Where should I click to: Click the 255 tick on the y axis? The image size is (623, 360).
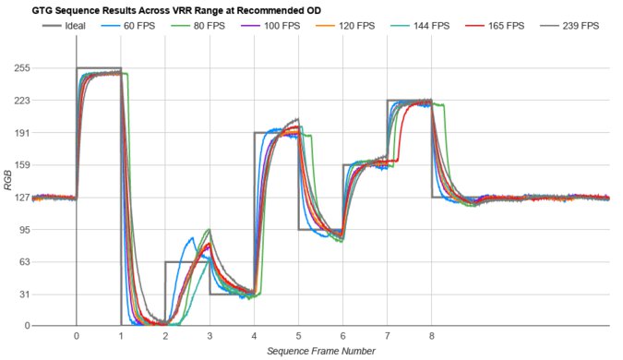[19, 68]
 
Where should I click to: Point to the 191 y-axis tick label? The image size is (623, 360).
[19, 133]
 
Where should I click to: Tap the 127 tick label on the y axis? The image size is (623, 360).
[19, 198]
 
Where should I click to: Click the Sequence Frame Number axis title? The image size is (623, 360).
[320, 352]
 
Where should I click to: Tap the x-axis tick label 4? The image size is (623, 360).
[254, 337]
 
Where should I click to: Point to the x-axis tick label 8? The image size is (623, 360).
[432, 337]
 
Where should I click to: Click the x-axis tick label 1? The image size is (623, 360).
[121, 337]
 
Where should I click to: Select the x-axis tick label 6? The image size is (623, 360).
[343, 337]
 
